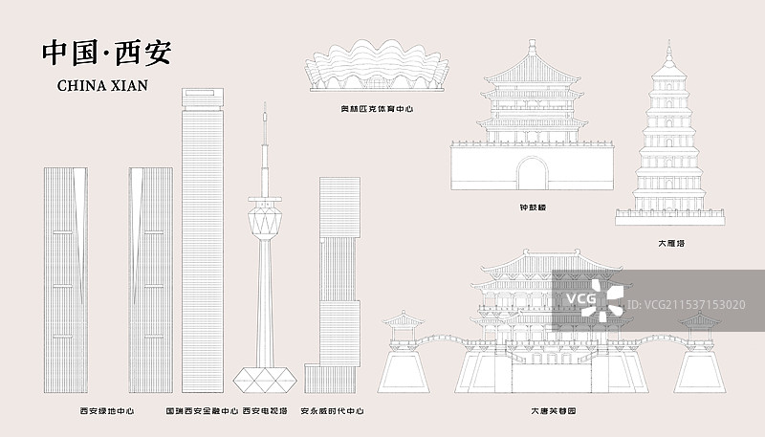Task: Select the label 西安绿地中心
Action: click(x=106, y=411)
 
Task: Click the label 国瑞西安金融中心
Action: click(x=202, y=411)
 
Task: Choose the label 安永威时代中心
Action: click(x=332, y=411)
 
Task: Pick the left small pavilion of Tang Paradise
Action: click(x=409, y=325)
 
